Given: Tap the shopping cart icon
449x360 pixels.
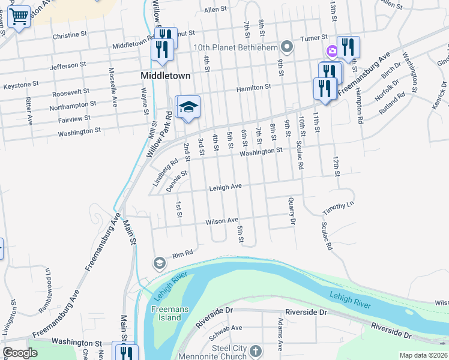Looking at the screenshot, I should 19,18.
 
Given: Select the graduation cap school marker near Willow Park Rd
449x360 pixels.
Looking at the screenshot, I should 188,108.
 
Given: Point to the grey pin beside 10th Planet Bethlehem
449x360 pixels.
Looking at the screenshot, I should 288,47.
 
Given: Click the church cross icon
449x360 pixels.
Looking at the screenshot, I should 256,350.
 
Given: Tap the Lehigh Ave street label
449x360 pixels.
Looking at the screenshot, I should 225,187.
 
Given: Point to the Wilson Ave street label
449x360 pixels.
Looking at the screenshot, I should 222,221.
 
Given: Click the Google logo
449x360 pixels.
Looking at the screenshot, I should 20,353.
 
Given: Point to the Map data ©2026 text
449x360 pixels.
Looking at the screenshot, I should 423,355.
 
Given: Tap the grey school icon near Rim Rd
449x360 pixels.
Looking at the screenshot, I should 159,263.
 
